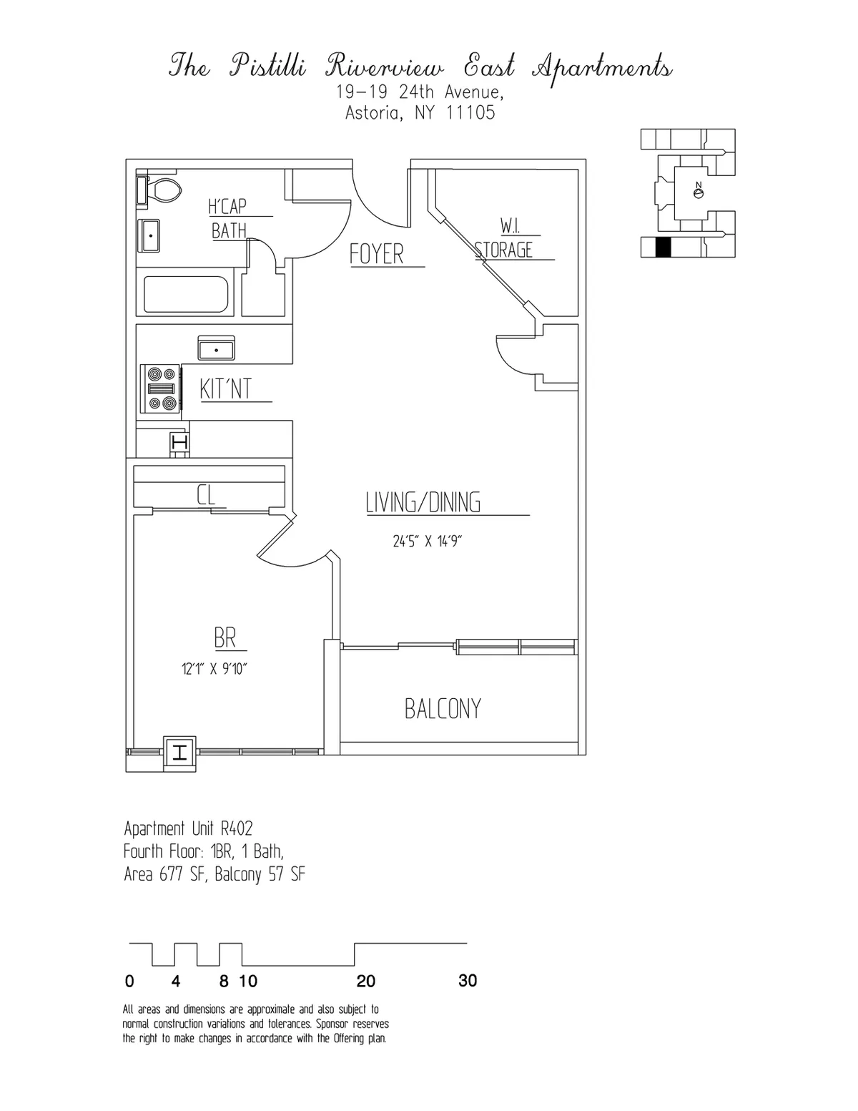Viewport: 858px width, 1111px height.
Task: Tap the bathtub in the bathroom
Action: (186, 295)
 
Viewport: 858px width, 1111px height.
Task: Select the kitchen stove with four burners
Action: (161, 389)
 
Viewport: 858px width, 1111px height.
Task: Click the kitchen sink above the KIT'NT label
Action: (216, 348)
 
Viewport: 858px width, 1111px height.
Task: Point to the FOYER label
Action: (377, 254)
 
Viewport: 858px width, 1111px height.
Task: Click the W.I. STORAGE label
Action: (505, 240)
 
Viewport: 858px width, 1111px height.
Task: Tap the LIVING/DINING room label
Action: (423, 502)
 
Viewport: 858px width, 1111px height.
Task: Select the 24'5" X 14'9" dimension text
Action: (428, 542)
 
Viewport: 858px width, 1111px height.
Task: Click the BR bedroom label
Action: (225, 637)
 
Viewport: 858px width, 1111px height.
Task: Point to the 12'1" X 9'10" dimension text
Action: (214, 669)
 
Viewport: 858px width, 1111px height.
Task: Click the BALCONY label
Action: (443, 708)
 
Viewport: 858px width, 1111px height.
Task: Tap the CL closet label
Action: (206, 494)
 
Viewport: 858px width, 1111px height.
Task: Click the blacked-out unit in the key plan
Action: (664, 247)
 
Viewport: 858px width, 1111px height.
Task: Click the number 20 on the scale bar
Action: (365, 981)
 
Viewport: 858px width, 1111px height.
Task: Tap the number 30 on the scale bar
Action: (467, 981)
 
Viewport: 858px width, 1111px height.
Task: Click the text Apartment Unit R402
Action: (189, 828)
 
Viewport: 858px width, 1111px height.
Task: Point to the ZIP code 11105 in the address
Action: (470, 113)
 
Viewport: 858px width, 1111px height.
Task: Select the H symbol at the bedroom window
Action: (179, 753)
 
